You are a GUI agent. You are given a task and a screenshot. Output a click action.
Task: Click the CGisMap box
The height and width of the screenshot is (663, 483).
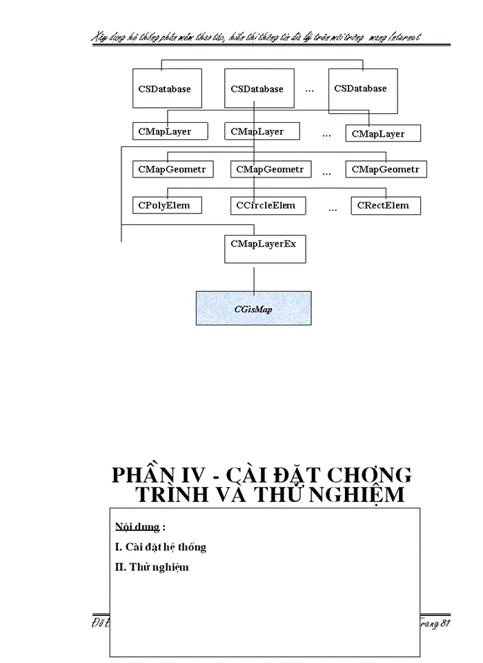tap(253, 308)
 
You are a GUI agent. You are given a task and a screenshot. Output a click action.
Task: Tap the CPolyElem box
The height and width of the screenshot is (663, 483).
tap(167, 205)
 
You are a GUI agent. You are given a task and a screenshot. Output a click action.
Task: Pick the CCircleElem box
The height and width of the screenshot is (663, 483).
tap(266, 205)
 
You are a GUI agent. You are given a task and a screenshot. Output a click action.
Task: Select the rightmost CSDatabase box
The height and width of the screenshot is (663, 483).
tap(363, 90)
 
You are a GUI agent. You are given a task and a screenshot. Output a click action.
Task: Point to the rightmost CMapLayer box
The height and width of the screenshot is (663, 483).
tap(383, 133)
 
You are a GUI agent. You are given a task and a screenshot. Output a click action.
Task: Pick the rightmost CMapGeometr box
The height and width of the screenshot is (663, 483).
tap(386, 169)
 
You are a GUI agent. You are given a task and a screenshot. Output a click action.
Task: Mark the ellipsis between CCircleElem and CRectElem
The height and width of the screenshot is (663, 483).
tap(333, 209)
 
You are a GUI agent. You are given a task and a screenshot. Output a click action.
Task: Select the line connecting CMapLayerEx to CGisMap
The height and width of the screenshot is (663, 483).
tap(254, 277)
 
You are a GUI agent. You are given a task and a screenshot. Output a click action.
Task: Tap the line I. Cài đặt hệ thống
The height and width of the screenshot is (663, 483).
tap(161, 547)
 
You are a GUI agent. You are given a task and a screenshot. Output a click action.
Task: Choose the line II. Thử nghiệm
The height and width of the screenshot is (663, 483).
tap(152, 567)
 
